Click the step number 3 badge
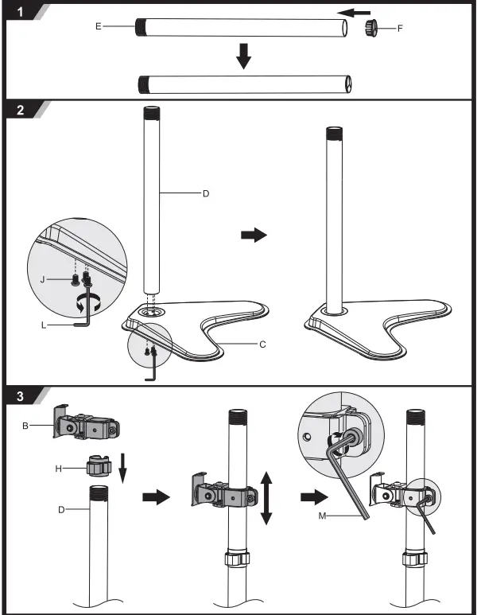click(19, 395)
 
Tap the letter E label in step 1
click(99, 26)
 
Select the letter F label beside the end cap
click(400, 29)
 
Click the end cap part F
click(371, 29)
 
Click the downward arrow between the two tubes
click(245, 56)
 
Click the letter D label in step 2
click(205, 193)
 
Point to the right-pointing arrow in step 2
click(254, 236)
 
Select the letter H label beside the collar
click(58, 469)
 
